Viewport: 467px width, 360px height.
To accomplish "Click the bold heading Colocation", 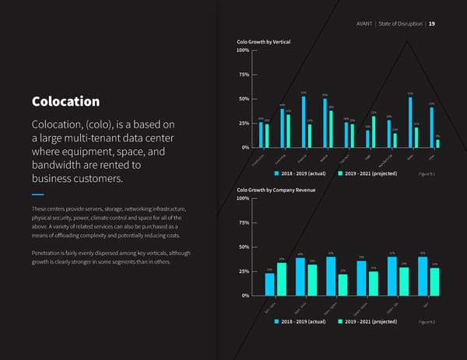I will pyautogui.click(x=65, y=102).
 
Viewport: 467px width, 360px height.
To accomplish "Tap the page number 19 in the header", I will pyautogui.click(x=432, y=23).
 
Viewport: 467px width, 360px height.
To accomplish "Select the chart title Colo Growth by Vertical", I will pyautogui.click(x=269, y=40).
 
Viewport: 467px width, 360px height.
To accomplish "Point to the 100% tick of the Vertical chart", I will pyautogui.click(x=241, y=51).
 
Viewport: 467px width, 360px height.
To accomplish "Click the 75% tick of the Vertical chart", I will pyautogui.click(x=242, y=75).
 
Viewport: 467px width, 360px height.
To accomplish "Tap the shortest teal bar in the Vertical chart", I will pyautogui.click(x=437, y=143).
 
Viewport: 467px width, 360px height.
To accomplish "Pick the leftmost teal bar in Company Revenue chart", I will pyautogui.click(x=281, y=279).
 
